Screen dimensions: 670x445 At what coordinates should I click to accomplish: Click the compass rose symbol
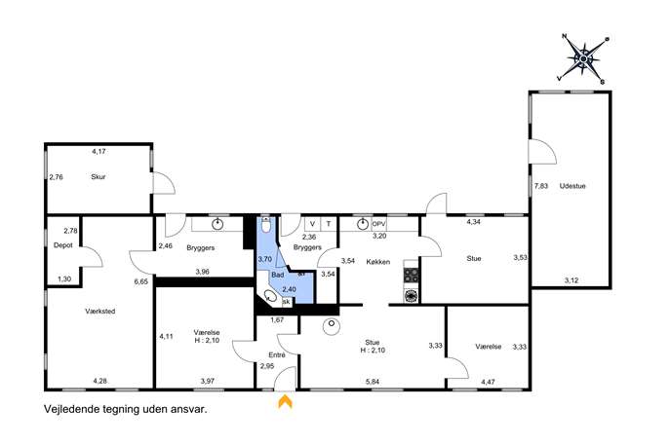coord(583,58)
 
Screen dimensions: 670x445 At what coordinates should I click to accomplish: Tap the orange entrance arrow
coord(285,401)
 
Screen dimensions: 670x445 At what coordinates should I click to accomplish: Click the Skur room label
coord(98,176)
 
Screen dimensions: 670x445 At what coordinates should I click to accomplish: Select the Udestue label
coord(572,186)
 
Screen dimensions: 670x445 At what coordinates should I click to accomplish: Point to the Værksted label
coord(100,312)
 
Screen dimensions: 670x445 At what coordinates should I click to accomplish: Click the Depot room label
coord(63,245)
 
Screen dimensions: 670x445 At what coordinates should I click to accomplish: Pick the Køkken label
coord(378,262)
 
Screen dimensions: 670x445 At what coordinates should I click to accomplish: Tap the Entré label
coord(276,355)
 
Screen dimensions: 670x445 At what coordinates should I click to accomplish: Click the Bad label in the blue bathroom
coord(277,276)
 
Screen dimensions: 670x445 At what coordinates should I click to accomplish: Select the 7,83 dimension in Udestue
coord(541,186)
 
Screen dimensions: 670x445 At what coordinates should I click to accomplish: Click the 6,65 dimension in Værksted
coord(141,281)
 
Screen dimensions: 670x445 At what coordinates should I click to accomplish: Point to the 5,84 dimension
coord(373,382)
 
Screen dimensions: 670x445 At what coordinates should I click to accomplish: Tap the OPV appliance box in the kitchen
coord(378,224)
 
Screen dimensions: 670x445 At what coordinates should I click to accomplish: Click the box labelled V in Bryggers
coord(312,224)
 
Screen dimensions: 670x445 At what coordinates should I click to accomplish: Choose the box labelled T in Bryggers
coord(329,224)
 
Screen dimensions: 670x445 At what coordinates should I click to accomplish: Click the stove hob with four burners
coord(411,275)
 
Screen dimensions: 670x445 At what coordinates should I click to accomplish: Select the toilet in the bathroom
coord(266,225)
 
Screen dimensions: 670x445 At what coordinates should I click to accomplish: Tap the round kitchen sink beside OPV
coord(363,224)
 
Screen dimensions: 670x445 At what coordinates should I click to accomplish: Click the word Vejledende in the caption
coord(71,410)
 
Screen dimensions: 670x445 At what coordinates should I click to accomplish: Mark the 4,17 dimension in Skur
coord(99,151)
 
